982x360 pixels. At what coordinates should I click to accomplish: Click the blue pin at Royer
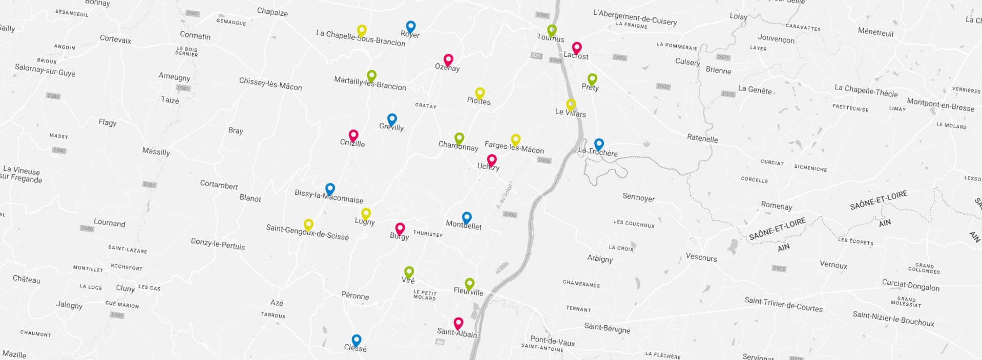pos(411,26)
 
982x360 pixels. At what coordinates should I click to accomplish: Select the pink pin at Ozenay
pos(448,60)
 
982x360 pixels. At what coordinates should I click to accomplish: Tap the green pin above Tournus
pos(552,30)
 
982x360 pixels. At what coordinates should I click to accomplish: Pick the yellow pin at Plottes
pos(480,93)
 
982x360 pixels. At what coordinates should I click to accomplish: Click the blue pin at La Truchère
pos(599,144)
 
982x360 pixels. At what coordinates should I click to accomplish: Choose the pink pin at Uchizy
pos(492,160)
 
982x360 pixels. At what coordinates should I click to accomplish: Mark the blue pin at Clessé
pos(357,340)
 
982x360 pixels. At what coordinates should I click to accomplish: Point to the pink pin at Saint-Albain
pos(458,323)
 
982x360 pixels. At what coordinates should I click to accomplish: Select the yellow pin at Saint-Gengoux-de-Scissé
pos(308,224)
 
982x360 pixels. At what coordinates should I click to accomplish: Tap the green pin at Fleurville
pos(470,283)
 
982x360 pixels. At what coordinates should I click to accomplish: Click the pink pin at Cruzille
pos(353,136)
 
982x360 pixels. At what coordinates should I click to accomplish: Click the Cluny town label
pos(125,288)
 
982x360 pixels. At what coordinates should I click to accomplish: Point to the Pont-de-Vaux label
pos(552,341)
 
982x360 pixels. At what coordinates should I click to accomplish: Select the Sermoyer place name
pos(638,197)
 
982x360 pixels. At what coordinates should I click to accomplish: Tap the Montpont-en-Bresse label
pos(941,104)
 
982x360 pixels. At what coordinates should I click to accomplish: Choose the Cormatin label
pos(195,35)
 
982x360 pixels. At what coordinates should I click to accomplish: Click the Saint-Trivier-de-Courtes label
pos(783,304)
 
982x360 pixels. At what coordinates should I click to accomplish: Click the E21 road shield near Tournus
pos(536,56)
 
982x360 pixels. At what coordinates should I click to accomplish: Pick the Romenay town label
pos(777,205)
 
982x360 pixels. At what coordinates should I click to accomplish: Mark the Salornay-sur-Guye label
pos(45,70)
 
